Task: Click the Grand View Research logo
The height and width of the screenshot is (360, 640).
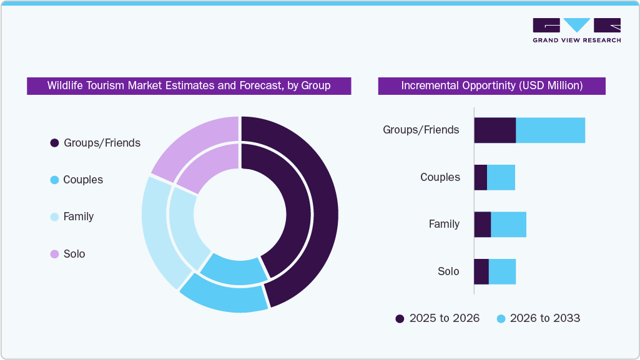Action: point(576,30)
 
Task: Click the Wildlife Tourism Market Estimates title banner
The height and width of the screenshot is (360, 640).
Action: point(189,85)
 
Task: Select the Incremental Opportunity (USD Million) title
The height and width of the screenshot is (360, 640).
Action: point(491,85)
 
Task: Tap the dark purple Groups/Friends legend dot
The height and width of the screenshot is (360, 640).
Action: point(54,143)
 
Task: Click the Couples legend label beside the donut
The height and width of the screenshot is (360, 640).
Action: point(83,180)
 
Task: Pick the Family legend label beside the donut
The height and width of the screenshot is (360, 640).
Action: point(79,216)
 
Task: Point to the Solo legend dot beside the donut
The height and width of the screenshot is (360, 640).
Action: point(54,254)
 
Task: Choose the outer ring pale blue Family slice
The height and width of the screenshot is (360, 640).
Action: point(156,231)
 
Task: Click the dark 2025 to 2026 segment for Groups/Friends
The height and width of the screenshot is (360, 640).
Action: point(495,130)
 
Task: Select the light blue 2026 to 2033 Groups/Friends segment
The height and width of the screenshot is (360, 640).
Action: point(550,130)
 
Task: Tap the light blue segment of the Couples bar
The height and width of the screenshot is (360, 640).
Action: point(501,177)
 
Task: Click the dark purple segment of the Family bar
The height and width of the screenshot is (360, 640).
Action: point(482,224)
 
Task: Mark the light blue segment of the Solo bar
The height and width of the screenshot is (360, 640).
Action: point(502,271)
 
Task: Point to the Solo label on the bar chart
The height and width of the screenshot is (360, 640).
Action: point(448,271)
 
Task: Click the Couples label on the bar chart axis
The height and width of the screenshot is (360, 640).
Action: point(440,177)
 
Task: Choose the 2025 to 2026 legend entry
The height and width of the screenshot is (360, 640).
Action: point(437,318)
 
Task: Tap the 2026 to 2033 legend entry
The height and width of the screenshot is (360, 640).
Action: point(538,318)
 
